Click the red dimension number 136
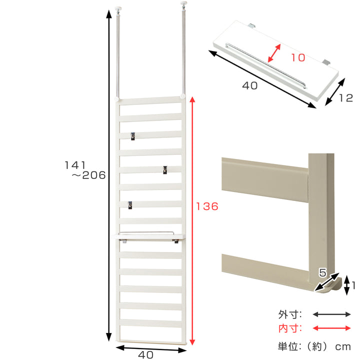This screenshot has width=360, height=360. point(207,206)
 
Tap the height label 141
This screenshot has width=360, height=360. point(75,165)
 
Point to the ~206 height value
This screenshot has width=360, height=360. point(88,175)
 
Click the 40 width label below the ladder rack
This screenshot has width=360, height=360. point(146,354)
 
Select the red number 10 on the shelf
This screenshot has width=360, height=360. point(298,57)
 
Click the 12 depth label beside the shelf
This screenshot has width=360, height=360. point(346,98)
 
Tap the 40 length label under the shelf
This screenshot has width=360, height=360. point(250,85)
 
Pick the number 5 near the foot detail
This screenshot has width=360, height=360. point(322,272)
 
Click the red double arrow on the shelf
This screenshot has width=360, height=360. point(274,53)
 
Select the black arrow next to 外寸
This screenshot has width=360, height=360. point(332,314)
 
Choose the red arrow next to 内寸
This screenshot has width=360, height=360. point(332,328)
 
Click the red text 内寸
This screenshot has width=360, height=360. point(289,328)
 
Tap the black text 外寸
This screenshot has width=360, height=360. point(289,314)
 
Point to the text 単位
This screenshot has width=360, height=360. point(289,346)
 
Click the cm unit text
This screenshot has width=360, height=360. point(343,347)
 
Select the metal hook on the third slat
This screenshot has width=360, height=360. point(132,136)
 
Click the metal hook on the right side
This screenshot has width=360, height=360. point(165,170)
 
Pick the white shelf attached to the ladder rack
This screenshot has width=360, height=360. point(150,236)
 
